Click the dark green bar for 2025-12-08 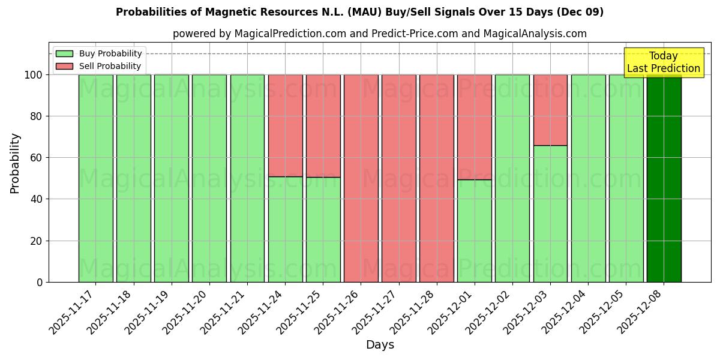pos(664,178)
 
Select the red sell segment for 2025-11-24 pos(285,125)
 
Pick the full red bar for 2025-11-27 pos(399,178)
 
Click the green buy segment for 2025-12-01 pos(475,230)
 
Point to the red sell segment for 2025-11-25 pos(323,125)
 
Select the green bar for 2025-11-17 pos(95,178)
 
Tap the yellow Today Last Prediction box pos(663,62)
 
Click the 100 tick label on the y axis pos(33,75)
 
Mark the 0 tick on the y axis pos(40,282)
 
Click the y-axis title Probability pos(15,163)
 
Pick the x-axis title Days pos(380,345)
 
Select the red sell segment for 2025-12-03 pos(550,110)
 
